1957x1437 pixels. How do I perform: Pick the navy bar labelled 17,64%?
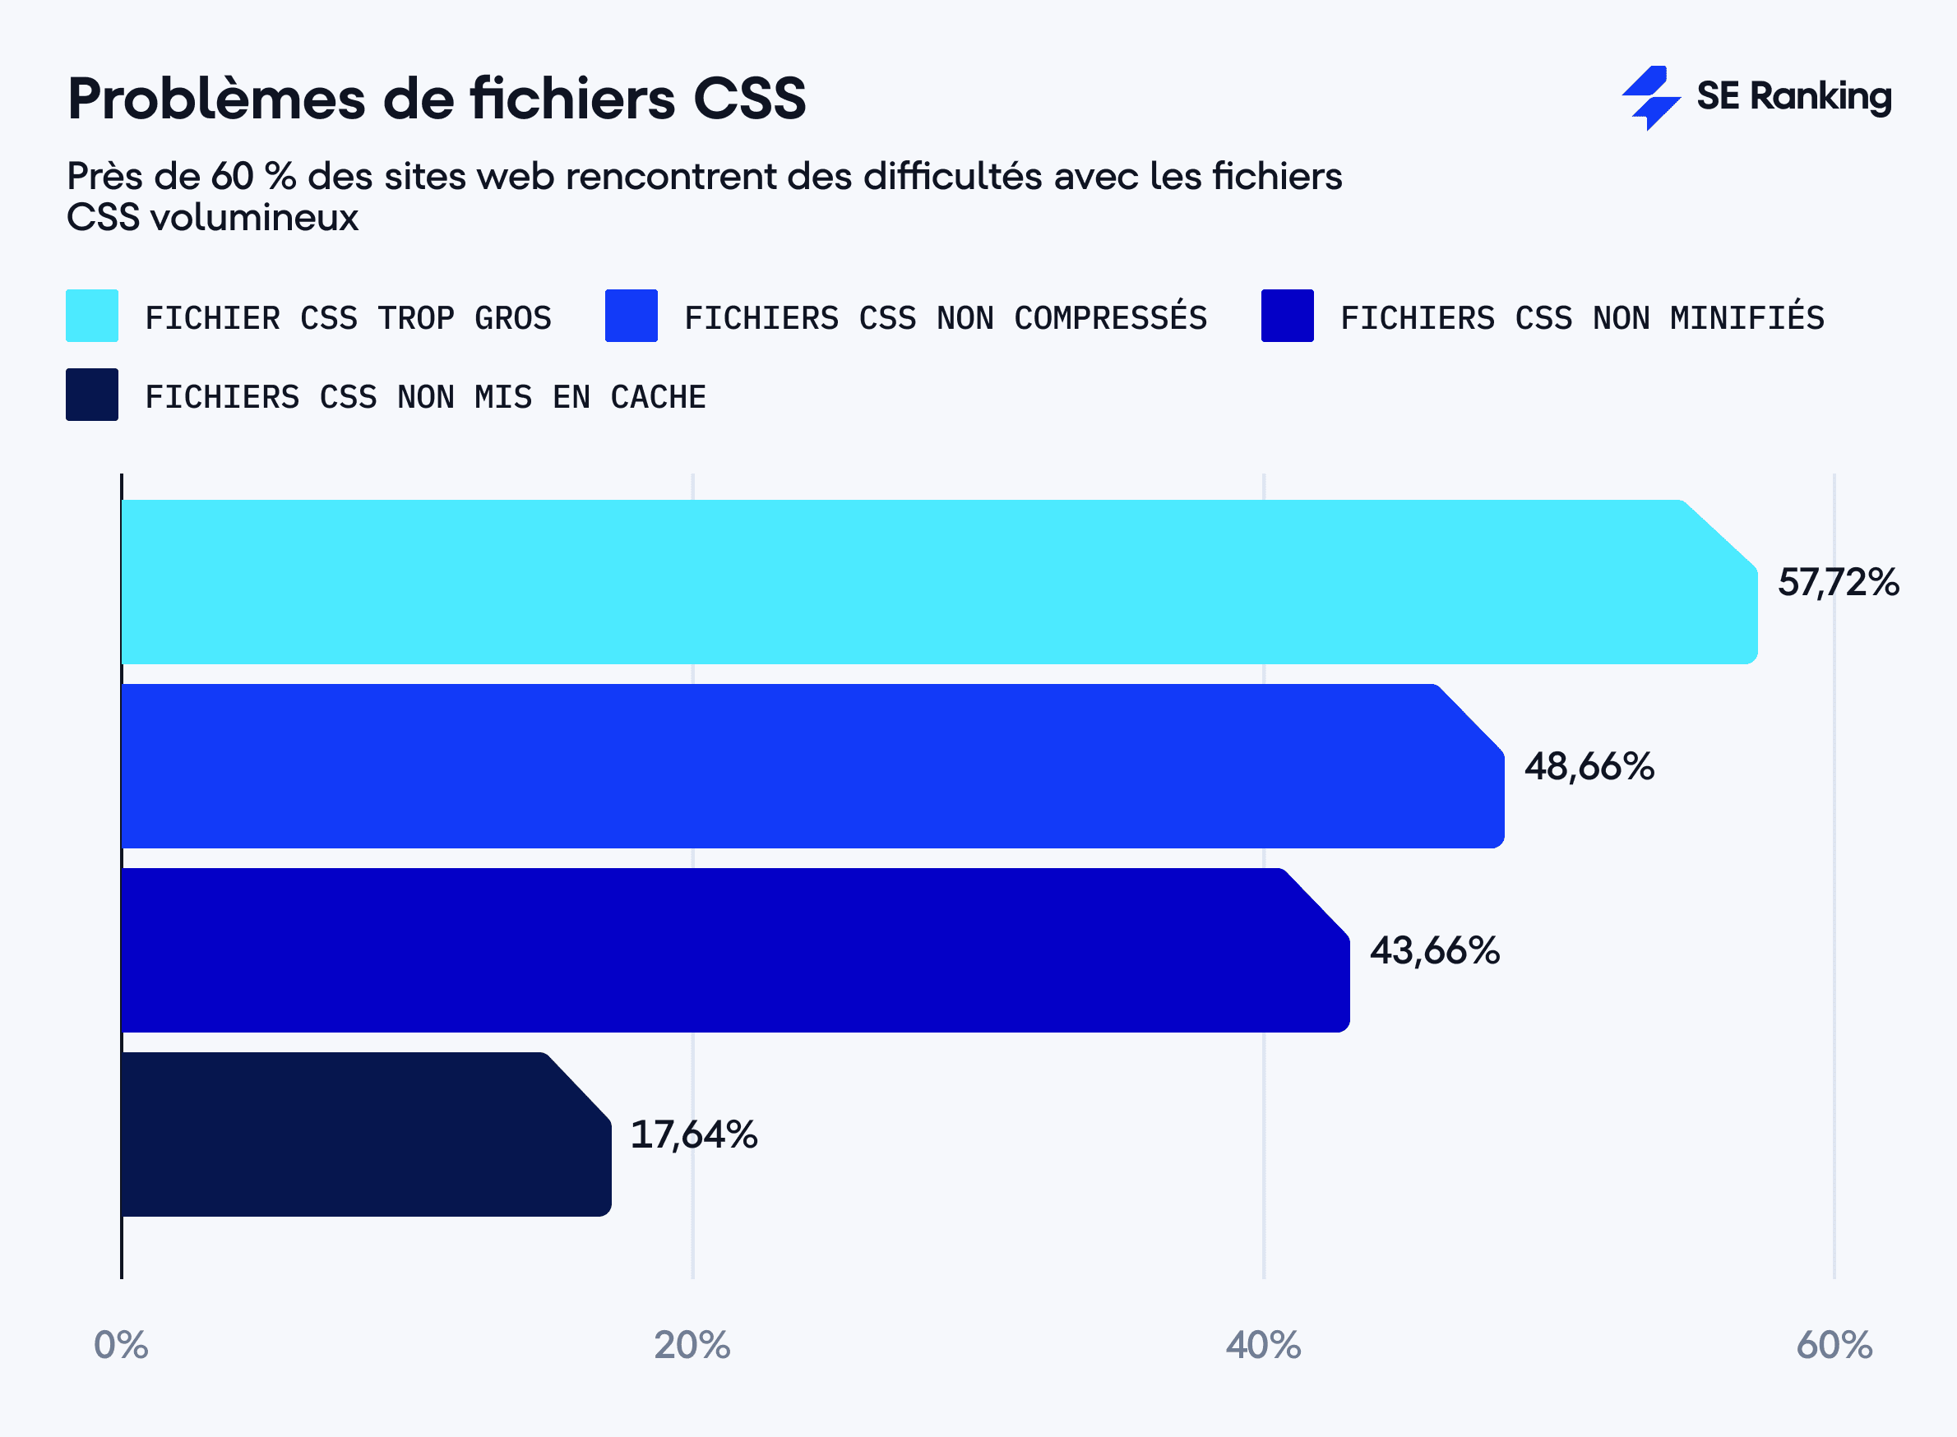365,1134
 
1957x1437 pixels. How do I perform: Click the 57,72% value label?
1838,583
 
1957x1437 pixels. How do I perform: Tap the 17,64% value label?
693,1135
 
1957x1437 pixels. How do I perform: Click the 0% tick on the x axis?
121,1345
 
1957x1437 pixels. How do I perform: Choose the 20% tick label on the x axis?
692,1345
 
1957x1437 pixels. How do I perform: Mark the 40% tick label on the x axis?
1263,1345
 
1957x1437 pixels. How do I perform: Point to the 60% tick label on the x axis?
1834,1345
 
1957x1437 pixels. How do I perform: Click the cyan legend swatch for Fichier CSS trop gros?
92,316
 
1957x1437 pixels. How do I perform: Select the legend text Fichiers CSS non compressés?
945,318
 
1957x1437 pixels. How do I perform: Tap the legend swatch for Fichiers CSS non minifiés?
1287,316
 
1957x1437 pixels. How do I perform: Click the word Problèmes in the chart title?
215,99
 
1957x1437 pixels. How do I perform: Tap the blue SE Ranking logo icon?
1649,98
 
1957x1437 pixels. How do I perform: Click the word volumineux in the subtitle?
253,218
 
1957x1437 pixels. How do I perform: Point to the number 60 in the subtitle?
231,177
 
